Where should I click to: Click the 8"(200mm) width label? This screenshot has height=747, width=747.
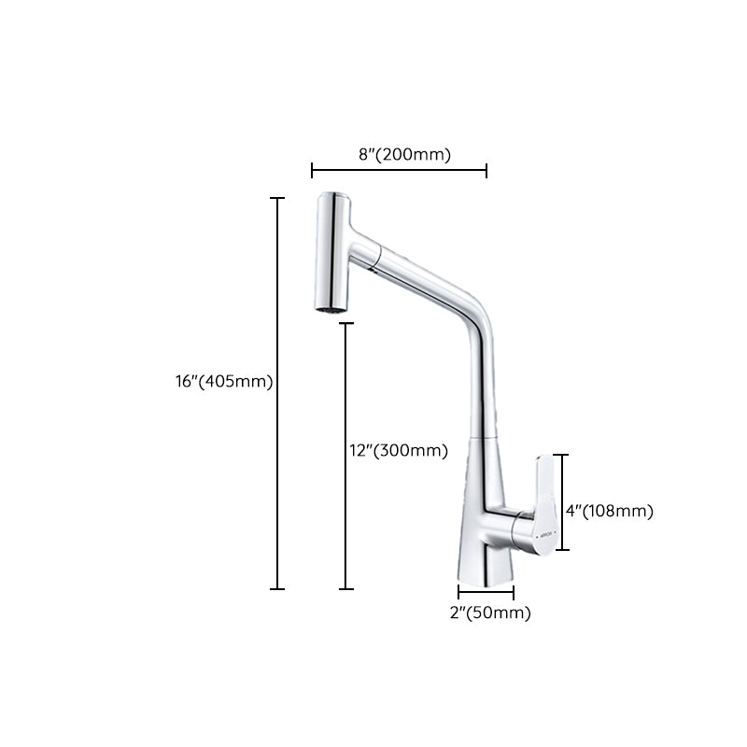pyautogui.click(x=404, y=154)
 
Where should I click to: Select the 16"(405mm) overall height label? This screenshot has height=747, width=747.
pyautogui.click(x=217, y=381)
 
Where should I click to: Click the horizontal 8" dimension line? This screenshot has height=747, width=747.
pyautogui.click(x=399, y=170)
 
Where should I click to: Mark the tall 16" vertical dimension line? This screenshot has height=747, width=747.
pyautogui.click(x=277, y=392)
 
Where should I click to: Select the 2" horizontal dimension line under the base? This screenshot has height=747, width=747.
pyautogui.click(x=486, y=590)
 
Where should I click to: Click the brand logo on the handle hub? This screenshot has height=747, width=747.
pyautogui.click(x=545, y=535)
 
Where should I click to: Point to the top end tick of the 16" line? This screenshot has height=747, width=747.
pyautogui.click(x=277, y=198)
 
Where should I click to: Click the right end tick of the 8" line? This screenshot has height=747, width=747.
pyautogui.click(x=486, y=170)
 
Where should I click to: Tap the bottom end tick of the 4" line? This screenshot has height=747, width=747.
pyautogui.click(x=561, y=551)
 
